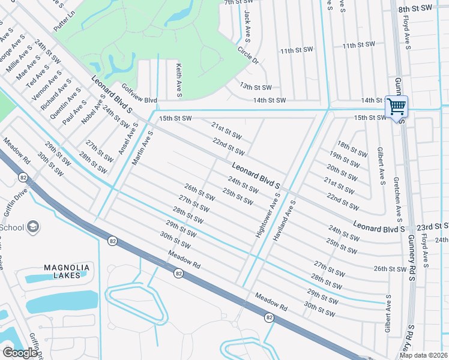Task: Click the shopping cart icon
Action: [x=396, y=107]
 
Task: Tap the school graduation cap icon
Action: [x=34, y=227]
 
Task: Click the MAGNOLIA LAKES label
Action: [x=67, y=271]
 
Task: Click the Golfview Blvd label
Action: [x=139, y=95]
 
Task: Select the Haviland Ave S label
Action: [x=285, y=220]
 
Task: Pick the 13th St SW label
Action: [x=256, y=87]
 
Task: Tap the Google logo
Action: [x=20, y=352]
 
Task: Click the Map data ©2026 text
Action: [x=423, y=355]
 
